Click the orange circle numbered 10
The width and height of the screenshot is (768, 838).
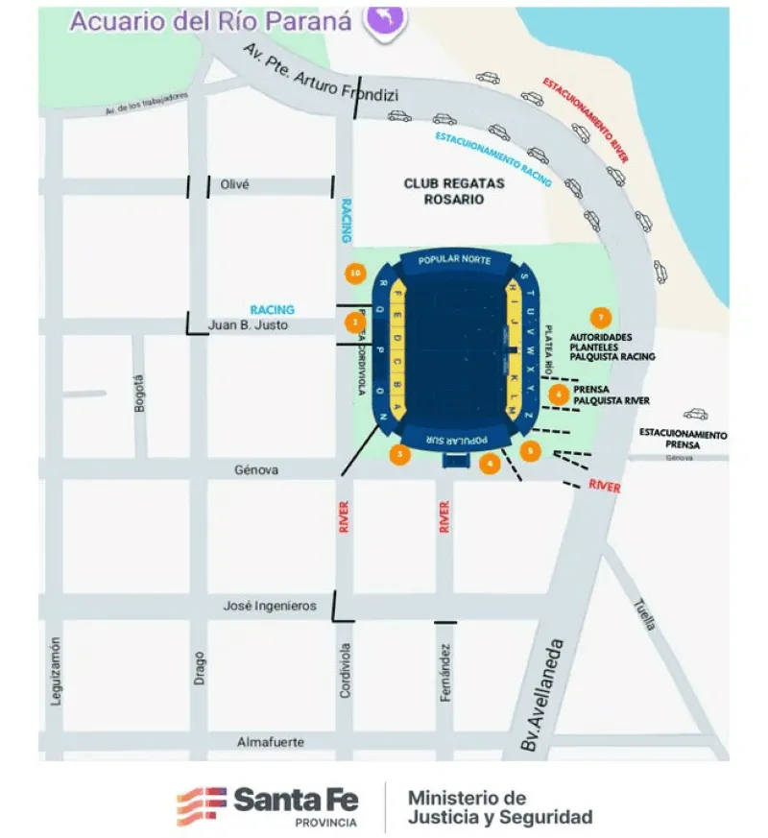(x=356, y=274)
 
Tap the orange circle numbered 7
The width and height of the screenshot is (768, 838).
(x=601, y=318)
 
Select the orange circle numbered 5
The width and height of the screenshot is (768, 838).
(x=531, y=450)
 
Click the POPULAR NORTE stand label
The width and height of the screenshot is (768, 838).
(x=454, y=260)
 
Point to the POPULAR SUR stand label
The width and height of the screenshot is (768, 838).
(x=447, y=441)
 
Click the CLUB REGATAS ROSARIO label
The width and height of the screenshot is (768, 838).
(x=443, y=191)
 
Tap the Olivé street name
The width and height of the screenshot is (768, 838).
(x=235, y=184)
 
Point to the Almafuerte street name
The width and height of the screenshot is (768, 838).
(x=271, y=742)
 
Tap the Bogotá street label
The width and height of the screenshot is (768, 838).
(x=140, y=393)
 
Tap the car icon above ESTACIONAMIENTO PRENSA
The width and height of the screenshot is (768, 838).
(x=696, y=415)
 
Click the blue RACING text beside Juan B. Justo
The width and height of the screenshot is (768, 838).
(x=272, y=310)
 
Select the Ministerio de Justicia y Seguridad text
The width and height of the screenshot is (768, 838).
(x=499, y=807)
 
